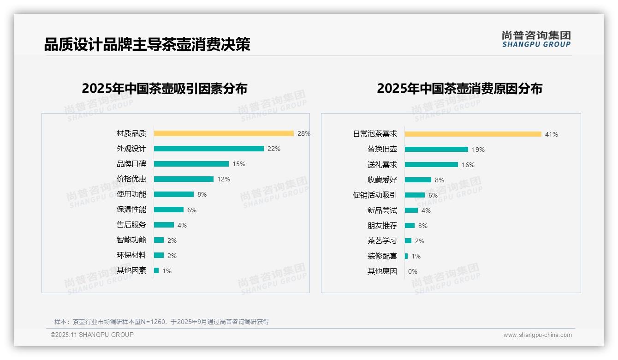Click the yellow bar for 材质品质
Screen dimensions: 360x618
(224, 133)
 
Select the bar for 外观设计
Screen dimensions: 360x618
(208, 149)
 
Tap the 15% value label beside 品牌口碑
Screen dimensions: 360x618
(239, 164)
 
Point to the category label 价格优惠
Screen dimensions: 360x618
(131, 179)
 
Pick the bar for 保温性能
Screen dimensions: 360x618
(169, 210)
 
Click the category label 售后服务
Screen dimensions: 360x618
(131, 225)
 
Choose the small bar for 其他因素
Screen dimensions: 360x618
(156, 270)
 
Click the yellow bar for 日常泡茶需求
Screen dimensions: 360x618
(473, 134)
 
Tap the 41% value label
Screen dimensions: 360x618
(552, 134)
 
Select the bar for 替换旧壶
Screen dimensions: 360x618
(436, 150)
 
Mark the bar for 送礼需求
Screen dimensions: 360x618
(431, 165)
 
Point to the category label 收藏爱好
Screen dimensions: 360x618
(382, 180)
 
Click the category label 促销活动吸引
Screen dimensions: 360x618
(375, 195)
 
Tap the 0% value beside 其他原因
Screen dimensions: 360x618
(413, 271)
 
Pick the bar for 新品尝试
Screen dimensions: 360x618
(411, 210)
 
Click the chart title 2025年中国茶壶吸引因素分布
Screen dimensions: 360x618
(165, 88)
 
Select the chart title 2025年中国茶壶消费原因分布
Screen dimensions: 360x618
(459, 88)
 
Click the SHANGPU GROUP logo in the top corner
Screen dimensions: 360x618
(536, 39)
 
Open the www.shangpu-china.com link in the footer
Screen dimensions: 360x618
(537, 335)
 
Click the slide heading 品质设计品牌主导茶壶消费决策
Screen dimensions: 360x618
(147, 44)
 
